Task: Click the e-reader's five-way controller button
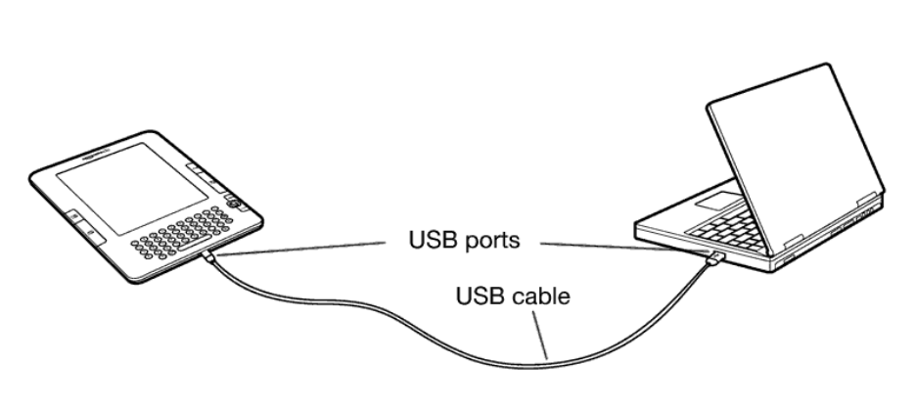pyautogui.click(x=235, y=204)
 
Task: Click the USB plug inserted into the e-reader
pyautogui.click(x=214, y=258)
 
